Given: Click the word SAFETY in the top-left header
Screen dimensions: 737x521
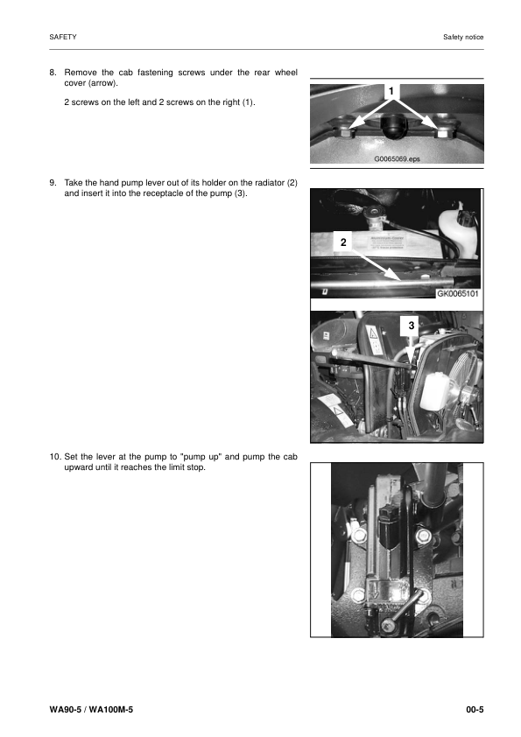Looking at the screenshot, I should click(x=63, y=37).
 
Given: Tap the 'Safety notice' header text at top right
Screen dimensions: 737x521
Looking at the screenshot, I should click(x=463, y=37).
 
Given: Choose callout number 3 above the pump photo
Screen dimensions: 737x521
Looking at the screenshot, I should click(x=412, y=326).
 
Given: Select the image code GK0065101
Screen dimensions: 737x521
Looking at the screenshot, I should click(x=457, y=294).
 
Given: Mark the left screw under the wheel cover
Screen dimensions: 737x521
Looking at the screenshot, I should click(x=347, y=133).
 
